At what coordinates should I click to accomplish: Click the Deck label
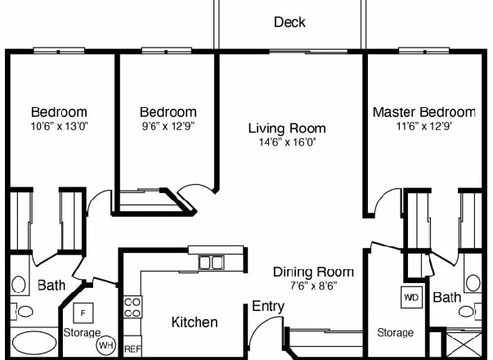(x=289, y=22)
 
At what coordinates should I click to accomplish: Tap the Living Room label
(x=287, y=128)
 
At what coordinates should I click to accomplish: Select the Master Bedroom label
(x=424, y=112)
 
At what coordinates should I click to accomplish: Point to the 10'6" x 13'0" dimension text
(x=59, y=126)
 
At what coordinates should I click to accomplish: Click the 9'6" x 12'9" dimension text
(x=168, y=126)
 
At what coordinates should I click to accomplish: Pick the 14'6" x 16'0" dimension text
(x=287, y=142)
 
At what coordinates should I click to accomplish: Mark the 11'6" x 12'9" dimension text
(x=424, y=126)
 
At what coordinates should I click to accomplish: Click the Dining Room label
(x=313, y=272)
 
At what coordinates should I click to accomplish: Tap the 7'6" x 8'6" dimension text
(x=313, y=286)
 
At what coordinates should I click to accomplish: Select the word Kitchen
(x=194, y=322)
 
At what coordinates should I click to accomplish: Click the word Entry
(x=267, y=307)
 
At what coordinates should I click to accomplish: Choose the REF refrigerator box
(x=132, y=348)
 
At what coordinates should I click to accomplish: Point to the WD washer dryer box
(x=410, y=297)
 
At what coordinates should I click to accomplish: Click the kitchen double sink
(x=211, y=263)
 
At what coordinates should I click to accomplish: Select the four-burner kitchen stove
(x=132, y=307)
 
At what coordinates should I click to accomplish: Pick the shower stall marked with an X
(x=468, y=343)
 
